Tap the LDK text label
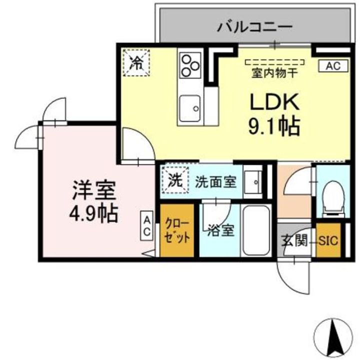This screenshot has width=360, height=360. point(274,103)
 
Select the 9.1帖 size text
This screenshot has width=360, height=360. point(274,126)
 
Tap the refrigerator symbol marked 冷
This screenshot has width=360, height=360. point(136,62)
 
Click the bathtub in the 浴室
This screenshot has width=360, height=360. point(255,230)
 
